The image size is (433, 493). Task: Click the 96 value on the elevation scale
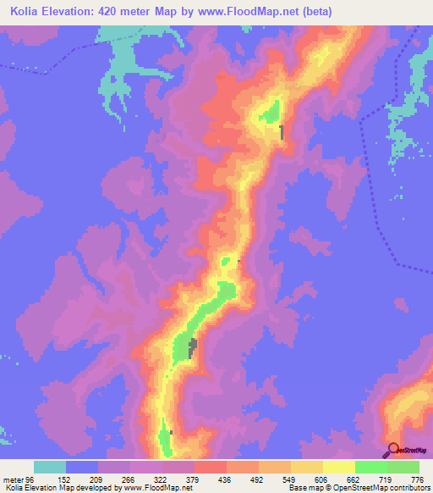30,479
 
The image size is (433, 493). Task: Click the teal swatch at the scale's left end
50,467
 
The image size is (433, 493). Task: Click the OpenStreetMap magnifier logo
393,448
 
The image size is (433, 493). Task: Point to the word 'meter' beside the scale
12,479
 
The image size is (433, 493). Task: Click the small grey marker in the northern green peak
282,132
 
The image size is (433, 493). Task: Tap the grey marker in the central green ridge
193,346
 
